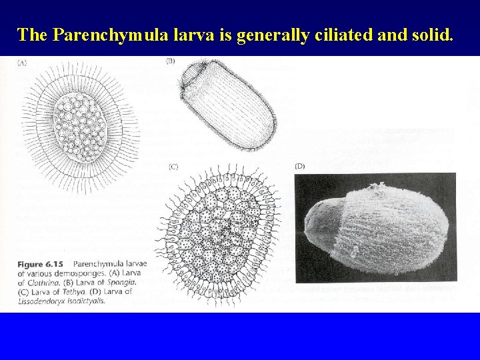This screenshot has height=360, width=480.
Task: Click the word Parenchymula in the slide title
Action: (x=101, y=35)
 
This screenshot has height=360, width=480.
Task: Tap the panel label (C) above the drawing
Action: (x=173, y=165)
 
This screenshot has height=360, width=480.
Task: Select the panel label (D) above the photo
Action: (x=299, y=165)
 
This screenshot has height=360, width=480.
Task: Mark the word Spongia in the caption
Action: (x=126, y=283)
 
